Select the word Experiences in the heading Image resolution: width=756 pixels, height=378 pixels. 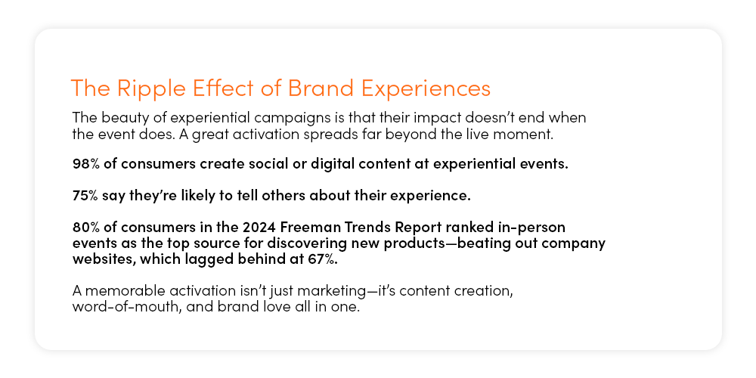click(x=426, y=89)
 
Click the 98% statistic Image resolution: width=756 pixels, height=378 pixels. click(x=86, y=164)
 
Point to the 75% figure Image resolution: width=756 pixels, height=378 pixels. click(x=85, y=197)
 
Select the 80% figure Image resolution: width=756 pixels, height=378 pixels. click(x=86, y=227)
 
